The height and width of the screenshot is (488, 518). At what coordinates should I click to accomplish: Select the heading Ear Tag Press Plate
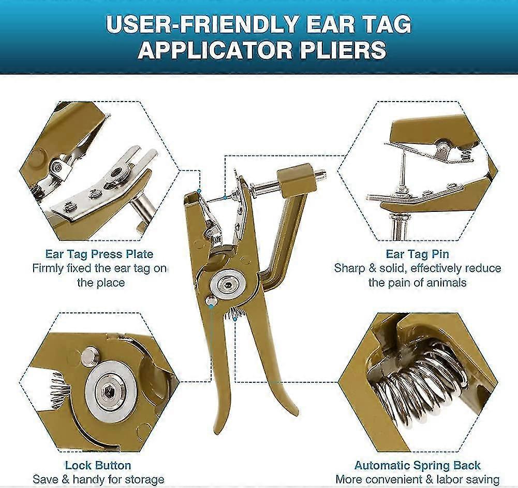[x=99, y=254]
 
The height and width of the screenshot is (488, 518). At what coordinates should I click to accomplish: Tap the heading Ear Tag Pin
[x=417, y=254]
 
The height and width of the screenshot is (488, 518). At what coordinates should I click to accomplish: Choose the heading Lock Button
[x=98, y=465]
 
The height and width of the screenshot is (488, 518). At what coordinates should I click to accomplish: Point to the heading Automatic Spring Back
[x=417, y=465]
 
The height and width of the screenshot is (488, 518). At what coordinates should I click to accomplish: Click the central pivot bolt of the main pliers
[x=228, y=284]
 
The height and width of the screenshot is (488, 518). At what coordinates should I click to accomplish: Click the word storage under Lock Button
[x=145, y=479]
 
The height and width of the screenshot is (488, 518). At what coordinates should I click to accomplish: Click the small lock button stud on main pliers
[x=211, y=301]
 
